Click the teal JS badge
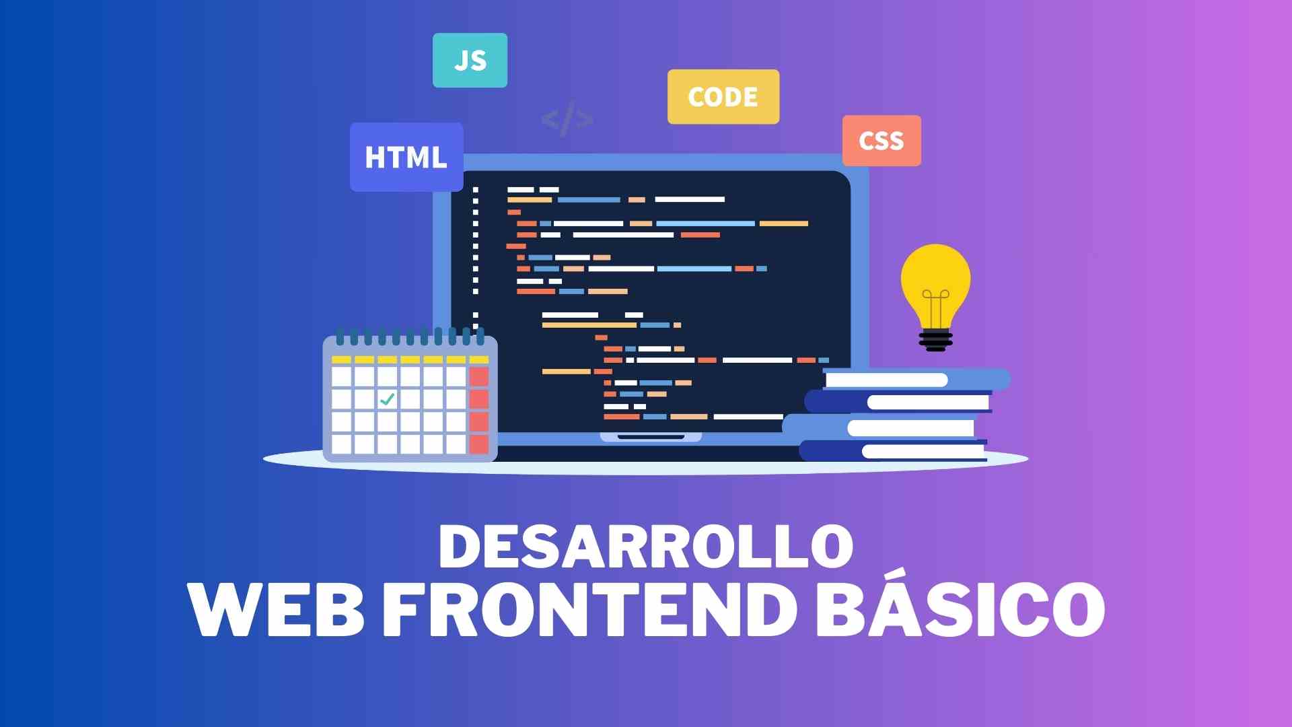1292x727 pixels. click(x=470, y=60)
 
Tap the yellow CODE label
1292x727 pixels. click(x=723, y=96)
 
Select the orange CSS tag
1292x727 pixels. click(x=882, y=141)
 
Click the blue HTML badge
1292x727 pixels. click(x=406, y=157)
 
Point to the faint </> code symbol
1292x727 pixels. click(x=567, y=119)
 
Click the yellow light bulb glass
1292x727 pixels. click(x=935, y=283)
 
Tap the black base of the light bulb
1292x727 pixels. click(x=935, y=340)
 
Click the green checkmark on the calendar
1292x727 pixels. click(x=387, y=399)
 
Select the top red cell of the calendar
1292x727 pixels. click(x=479, y=376)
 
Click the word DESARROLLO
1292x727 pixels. click(x=646, y=545)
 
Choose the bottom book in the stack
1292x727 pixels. click(x=893, y=451)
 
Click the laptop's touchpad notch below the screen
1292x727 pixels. click(x=651, y=437)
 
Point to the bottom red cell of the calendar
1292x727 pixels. click(x=479, y=444)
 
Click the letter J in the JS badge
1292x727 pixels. click(x=461, y=61)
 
